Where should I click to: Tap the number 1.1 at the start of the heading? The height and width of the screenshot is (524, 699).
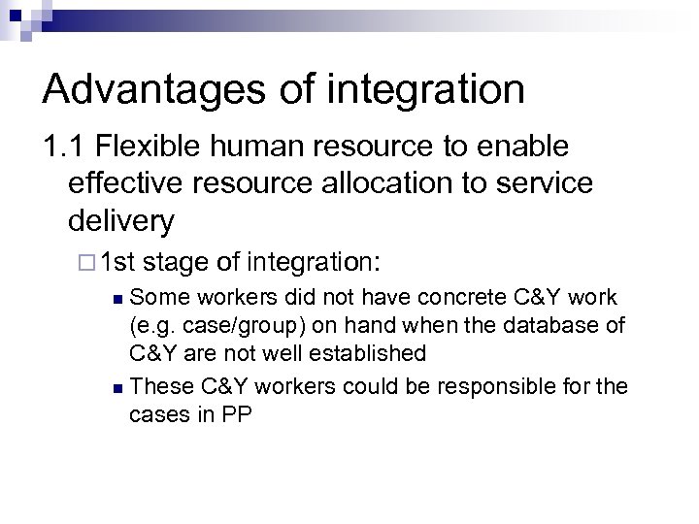tap(63, 149)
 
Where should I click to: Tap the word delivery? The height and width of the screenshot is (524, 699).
tap(121, 221)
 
